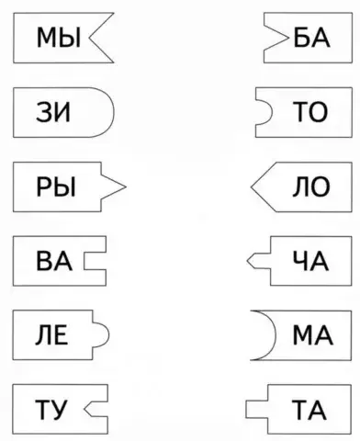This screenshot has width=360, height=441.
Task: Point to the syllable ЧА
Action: (309, 261)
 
